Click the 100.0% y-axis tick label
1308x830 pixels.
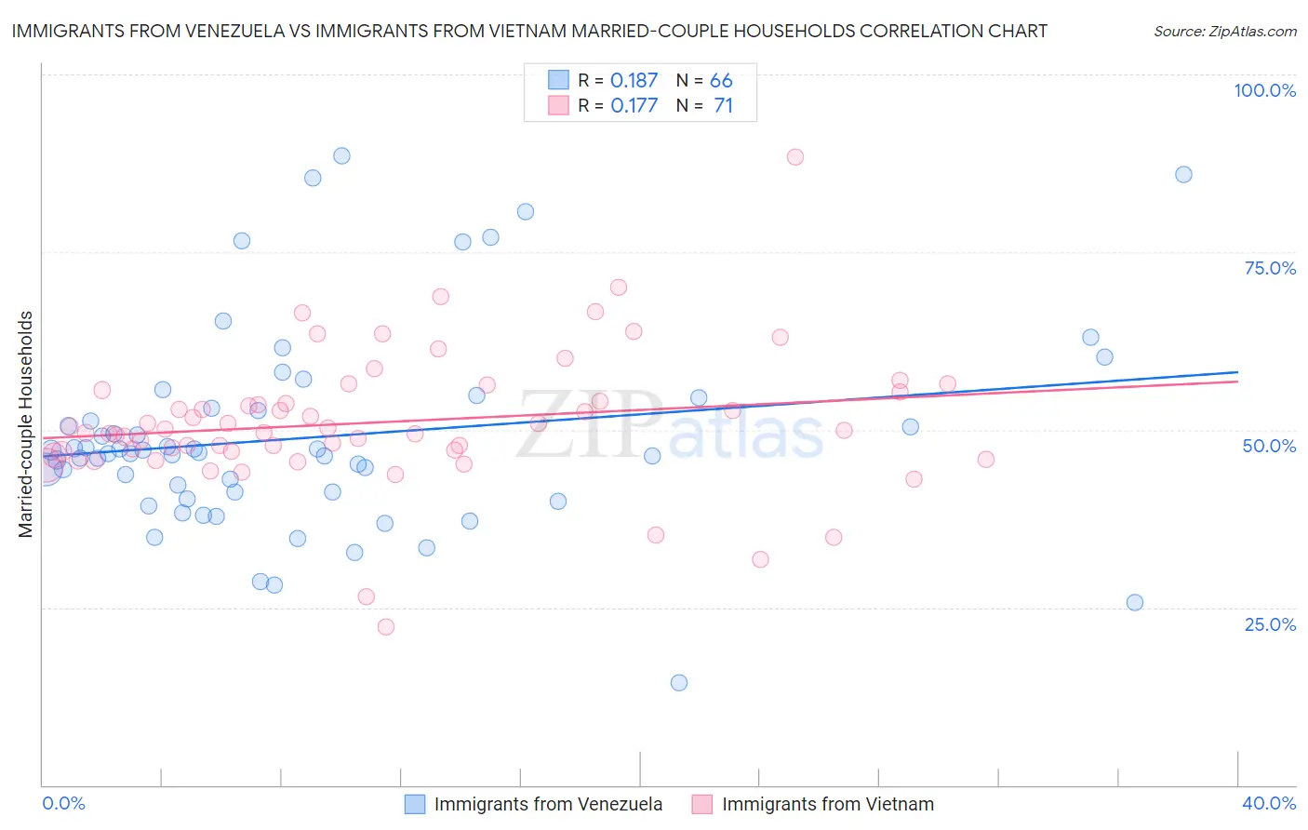(1264, 90)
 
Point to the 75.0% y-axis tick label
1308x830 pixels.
(1270, 268)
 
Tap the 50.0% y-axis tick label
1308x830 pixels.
(1269, 446)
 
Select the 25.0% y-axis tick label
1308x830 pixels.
(1270, 624)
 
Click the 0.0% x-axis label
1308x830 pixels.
(63, 803)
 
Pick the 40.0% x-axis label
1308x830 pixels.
(1269, 803)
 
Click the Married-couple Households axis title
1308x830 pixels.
(26, 423)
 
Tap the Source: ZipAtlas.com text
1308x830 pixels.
(1224, 31)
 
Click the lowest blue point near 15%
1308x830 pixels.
(679, 683)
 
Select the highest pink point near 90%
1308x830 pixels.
(794, 157)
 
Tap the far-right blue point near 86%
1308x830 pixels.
(1183, 175)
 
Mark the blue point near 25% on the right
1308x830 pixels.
(1134, 603)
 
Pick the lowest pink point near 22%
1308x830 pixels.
(386, 627)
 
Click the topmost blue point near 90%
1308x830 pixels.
(341, 156)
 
